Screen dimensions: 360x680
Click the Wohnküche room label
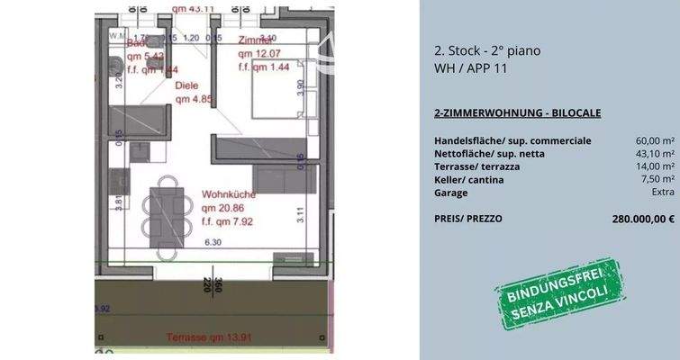coord(230,193)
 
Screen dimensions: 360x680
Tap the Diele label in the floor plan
coord(186,86)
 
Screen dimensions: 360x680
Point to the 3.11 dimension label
coord(300,213)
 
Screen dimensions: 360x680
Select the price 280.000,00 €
coord(643,219)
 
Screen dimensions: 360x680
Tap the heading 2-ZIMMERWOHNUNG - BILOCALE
coord(517,112)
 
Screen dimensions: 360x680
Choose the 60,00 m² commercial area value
coord(655,141)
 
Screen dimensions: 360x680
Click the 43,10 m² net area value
coord(655,154)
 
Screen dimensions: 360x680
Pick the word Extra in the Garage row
coord(663,193)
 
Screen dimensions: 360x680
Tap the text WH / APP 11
coord(471,67)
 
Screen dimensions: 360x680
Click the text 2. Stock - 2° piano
coord(487,50)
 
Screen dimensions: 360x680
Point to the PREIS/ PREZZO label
coord(468,219)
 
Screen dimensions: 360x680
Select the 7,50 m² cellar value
coord(657,180)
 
